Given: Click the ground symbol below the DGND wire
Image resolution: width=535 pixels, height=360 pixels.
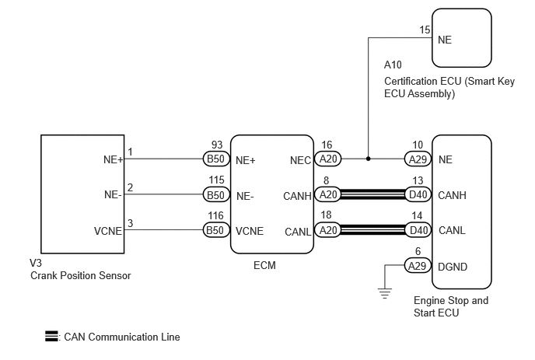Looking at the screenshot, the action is (384, 293).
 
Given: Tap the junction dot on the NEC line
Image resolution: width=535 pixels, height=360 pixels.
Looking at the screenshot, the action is (368, 159).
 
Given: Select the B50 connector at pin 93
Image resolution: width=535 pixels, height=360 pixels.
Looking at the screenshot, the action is (216, 159).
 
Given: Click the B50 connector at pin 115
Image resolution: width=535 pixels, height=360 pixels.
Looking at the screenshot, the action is (216, 195).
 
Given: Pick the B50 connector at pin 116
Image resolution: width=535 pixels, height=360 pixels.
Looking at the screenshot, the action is (216, 230).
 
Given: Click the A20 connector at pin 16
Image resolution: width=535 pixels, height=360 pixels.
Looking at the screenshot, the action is (328, 159).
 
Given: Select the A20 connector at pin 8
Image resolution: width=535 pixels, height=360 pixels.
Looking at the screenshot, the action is (328, 194).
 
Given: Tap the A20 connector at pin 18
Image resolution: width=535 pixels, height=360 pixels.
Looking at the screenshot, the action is (328, 230).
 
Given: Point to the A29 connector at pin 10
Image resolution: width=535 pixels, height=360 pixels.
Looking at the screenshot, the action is (418, 159).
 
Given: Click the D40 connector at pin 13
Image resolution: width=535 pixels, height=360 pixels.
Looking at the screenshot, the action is (418, 194).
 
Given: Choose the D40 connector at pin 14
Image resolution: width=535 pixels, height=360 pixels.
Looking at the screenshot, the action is (418, 230).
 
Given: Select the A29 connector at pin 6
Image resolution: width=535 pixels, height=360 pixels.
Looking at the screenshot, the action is (418, 265).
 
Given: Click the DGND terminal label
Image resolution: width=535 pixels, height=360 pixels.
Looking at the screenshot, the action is (453, 267).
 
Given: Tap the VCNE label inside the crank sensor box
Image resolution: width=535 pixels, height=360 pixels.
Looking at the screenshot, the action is (108, 231).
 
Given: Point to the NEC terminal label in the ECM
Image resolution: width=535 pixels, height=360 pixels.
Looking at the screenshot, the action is (300, 160).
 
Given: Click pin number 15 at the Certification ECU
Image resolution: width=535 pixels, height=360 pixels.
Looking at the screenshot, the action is (425, 30).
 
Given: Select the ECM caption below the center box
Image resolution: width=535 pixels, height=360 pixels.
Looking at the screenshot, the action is (264, 265).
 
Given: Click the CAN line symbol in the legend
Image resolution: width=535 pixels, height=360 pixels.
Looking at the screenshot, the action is (51, 336).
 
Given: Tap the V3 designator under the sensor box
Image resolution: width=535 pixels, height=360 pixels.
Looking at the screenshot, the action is (36, 263).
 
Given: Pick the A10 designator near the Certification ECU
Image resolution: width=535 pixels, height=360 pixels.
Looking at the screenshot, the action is (393, 65).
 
